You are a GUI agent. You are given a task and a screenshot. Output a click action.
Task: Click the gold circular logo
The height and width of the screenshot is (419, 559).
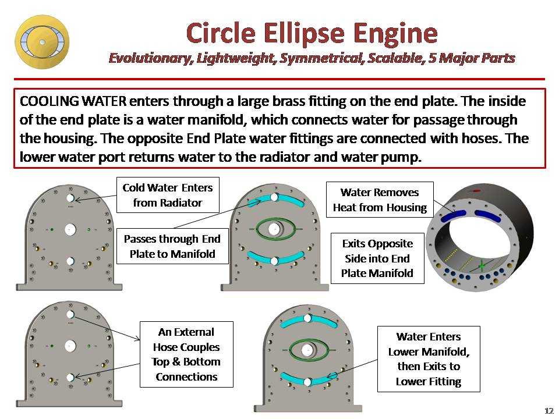coord(42,42)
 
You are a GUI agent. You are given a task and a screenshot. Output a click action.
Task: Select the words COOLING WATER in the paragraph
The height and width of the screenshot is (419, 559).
coord(73,101)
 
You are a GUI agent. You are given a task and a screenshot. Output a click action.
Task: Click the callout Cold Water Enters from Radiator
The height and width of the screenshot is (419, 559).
coord(168,195)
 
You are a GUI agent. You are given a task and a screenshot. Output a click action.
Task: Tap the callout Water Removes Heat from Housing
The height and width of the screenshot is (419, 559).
coord(380,200)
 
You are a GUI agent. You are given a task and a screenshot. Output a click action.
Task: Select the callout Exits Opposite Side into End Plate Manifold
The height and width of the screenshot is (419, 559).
coord(377,258)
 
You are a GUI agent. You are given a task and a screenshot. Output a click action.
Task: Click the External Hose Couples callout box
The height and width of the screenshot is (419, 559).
coord(186,354)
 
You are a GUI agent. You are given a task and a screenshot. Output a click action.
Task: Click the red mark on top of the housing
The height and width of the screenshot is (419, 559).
coord(476,190)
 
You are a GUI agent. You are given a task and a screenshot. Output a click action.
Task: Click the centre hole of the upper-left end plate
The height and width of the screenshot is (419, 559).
coord(70,230)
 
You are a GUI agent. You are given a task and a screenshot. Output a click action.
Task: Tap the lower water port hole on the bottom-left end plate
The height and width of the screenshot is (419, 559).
coord(70,377)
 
